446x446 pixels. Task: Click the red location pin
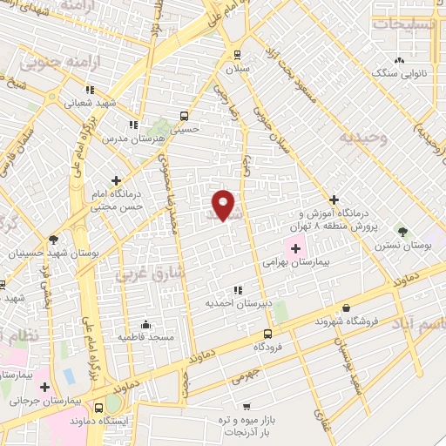pos(224,205)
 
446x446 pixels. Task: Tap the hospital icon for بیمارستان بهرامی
pos(294,248)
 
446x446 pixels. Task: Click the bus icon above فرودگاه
pos(267,334)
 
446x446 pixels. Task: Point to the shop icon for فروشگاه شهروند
pos(347,307)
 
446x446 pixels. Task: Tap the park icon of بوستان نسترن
pos(402,231)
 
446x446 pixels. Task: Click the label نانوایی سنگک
pos(401,74)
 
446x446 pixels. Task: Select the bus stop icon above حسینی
pos(184,115)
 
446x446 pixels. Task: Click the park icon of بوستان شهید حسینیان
pos(54,240)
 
